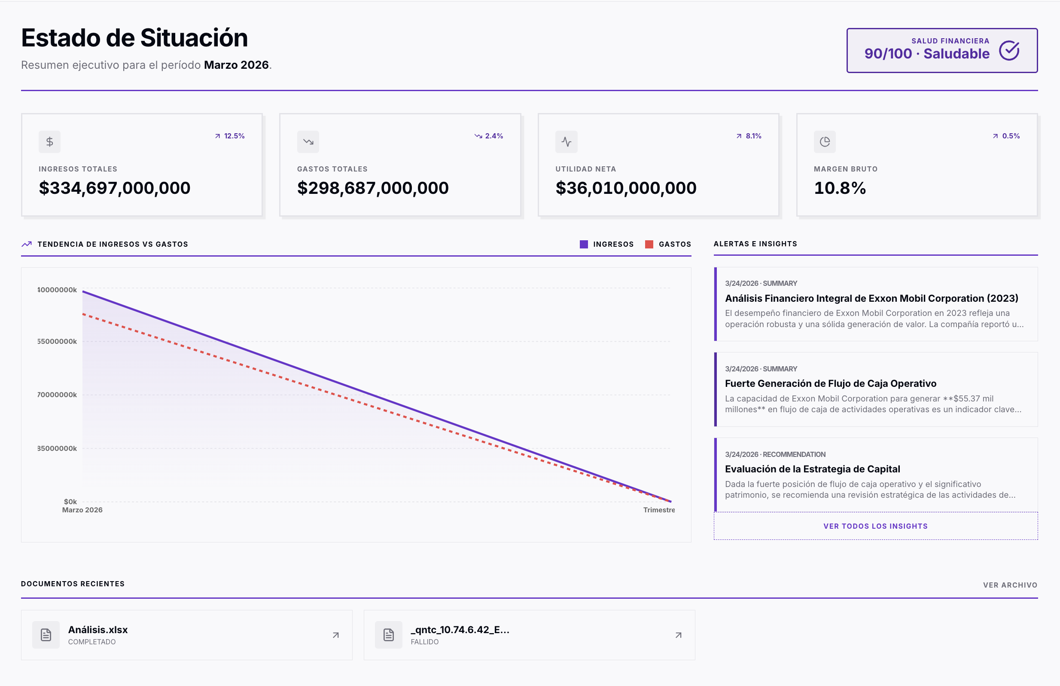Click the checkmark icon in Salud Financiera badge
point(1009,50)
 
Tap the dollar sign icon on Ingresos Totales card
point(49,142)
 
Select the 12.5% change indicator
point(230,136)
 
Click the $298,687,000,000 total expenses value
point(373,188)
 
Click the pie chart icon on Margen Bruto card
point(825,142)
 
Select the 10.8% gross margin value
point(840,188)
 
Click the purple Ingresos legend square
point(584,244)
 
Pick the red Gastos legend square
point(649,244)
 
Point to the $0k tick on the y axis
point(70,502)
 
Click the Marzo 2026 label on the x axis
point(82,510)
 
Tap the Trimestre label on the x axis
point(659,510)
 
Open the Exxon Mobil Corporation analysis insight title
point(871,298)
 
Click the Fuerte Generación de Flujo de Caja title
point(830,383)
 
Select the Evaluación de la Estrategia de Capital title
point(812,469)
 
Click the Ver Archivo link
point(1010,585)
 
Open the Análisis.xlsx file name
point(98,629)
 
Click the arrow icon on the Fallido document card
point(678,635)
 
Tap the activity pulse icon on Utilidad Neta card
point(566,142)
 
